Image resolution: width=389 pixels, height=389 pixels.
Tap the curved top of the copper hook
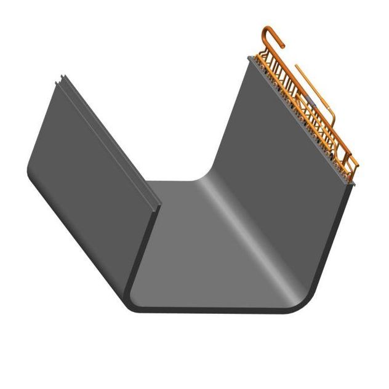pyautogui.click(x=271, y=28)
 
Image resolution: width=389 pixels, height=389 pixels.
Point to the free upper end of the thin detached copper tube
pyautogui.click(x=297, y=66)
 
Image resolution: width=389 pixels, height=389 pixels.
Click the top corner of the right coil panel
pyautogui.click(x=250, y=58)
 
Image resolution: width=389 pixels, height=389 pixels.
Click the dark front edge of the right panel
pyautogui.click(x=335, y=246)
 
